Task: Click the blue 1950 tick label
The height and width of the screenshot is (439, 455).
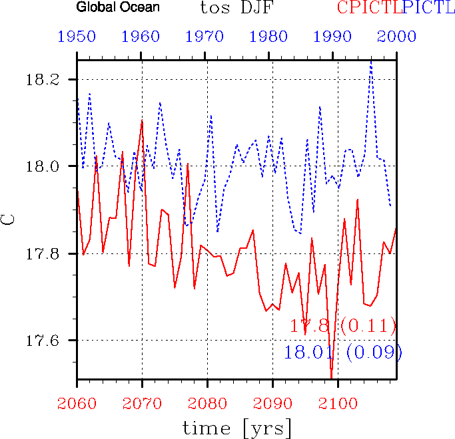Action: [77, 37]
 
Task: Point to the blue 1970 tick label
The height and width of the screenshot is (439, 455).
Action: [207, 37]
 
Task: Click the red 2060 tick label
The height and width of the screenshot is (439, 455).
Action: [77, 402]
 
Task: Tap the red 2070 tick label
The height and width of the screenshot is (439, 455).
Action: [142, 402]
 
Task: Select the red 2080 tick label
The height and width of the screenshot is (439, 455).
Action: [207, 402]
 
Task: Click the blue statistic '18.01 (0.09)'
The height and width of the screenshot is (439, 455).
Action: [342, 352]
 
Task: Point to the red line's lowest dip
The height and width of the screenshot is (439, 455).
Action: [331, 377]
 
